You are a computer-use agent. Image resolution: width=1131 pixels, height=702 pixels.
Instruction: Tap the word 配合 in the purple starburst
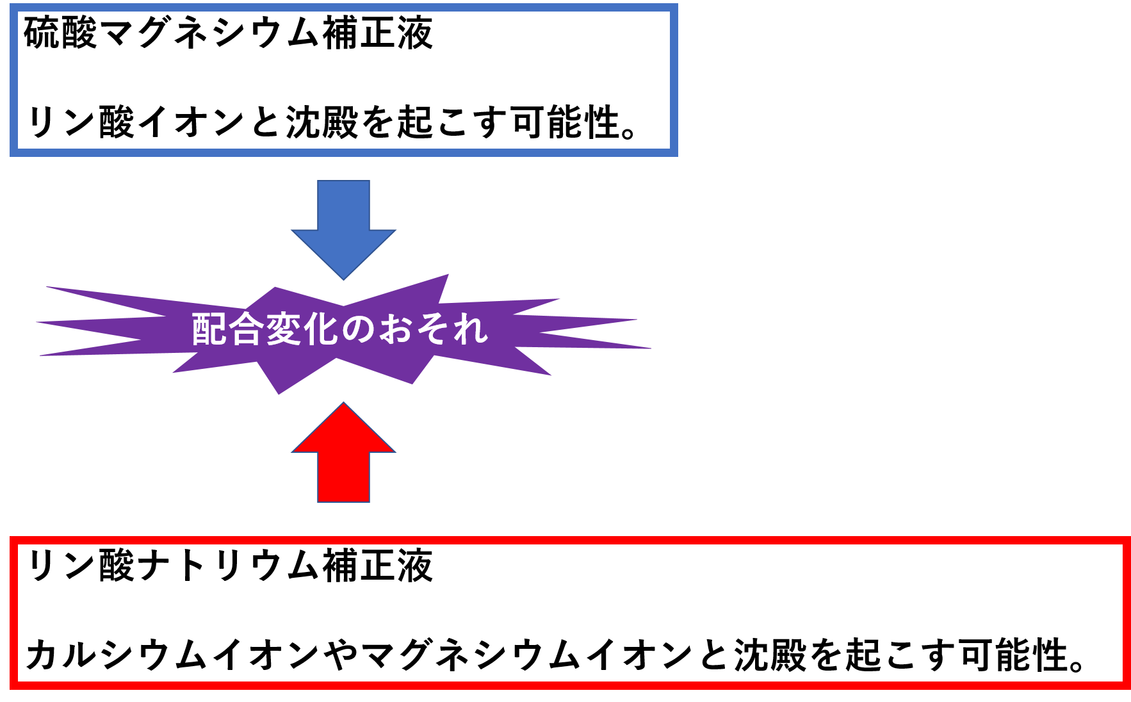pos(228,329)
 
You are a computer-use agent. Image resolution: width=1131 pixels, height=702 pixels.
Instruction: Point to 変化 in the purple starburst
pos(302,329)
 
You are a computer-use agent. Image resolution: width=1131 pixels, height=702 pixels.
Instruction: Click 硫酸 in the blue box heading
pos(60,33)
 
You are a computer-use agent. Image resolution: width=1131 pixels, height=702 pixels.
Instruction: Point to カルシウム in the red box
pos(118,655)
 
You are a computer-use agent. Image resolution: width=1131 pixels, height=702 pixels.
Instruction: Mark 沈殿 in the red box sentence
pos(770,655)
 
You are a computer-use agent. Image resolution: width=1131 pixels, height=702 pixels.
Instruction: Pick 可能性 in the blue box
pos(565,122)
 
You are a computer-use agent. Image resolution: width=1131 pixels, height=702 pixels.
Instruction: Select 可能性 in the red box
pos(1014,655)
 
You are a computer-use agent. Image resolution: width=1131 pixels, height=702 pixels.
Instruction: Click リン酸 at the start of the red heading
pos(80,566)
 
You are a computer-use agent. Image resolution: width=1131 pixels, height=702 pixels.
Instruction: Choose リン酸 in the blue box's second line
pos(80,122)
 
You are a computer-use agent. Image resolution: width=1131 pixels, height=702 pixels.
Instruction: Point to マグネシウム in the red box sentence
pos(471,655)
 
